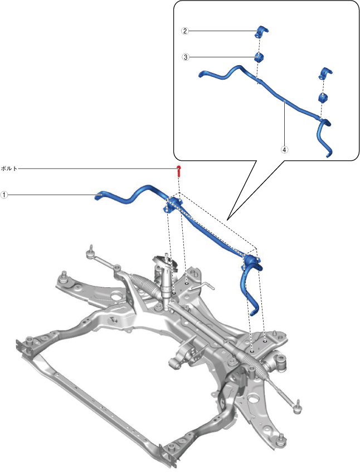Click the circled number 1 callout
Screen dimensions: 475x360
coord(4,195)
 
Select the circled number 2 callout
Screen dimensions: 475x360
coord(184,31)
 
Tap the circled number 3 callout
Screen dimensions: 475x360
coord(184,57)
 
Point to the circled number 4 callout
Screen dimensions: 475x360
coord(284,150)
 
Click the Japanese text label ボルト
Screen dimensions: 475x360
coord(9,168)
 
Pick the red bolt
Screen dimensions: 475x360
coord(178,170)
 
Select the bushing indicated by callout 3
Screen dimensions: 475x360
coord(259,57)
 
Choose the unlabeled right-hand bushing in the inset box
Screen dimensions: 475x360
coord(323,98)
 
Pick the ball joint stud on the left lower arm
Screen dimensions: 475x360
coord(65,273)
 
